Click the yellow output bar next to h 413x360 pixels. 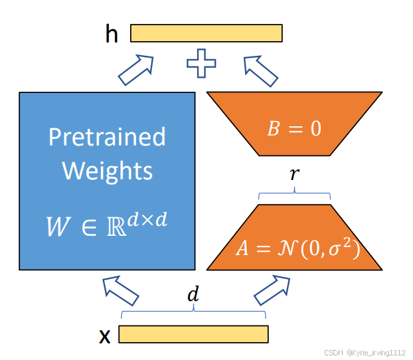206,33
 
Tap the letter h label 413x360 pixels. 111,34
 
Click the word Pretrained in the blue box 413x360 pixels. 107,137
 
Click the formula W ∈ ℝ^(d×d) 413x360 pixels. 107,225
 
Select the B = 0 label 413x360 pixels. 294,128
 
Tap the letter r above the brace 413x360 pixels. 293,175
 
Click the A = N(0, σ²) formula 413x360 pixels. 297,248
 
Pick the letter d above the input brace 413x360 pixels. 193,295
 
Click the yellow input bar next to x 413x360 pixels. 193,333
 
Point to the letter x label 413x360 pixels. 104,336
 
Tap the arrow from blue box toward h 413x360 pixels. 136,70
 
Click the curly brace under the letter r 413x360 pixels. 293,194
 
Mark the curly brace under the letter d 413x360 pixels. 193,313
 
